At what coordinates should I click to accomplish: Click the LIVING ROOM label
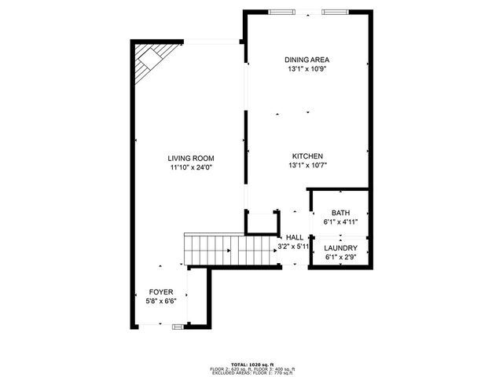(191, 158)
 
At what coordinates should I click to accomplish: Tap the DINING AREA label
(307, 60)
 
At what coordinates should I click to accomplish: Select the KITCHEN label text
(307, 156)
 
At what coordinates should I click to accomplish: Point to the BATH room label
(340, 213)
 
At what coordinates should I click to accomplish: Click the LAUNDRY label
(340, 248)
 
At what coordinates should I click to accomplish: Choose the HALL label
(295, 237)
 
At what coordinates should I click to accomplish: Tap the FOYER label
(160, 292)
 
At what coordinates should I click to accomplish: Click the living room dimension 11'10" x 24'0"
(191, 167)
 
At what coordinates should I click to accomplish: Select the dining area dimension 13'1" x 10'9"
(307, 69)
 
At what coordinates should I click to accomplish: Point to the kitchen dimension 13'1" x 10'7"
(307, 166)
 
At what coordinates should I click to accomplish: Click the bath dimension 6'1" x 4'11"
(340, 222)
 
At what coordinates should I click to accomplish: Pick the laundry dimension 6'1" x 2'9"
(340, 257)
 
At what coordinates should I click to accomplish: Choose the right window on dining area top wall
(333, 12)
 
